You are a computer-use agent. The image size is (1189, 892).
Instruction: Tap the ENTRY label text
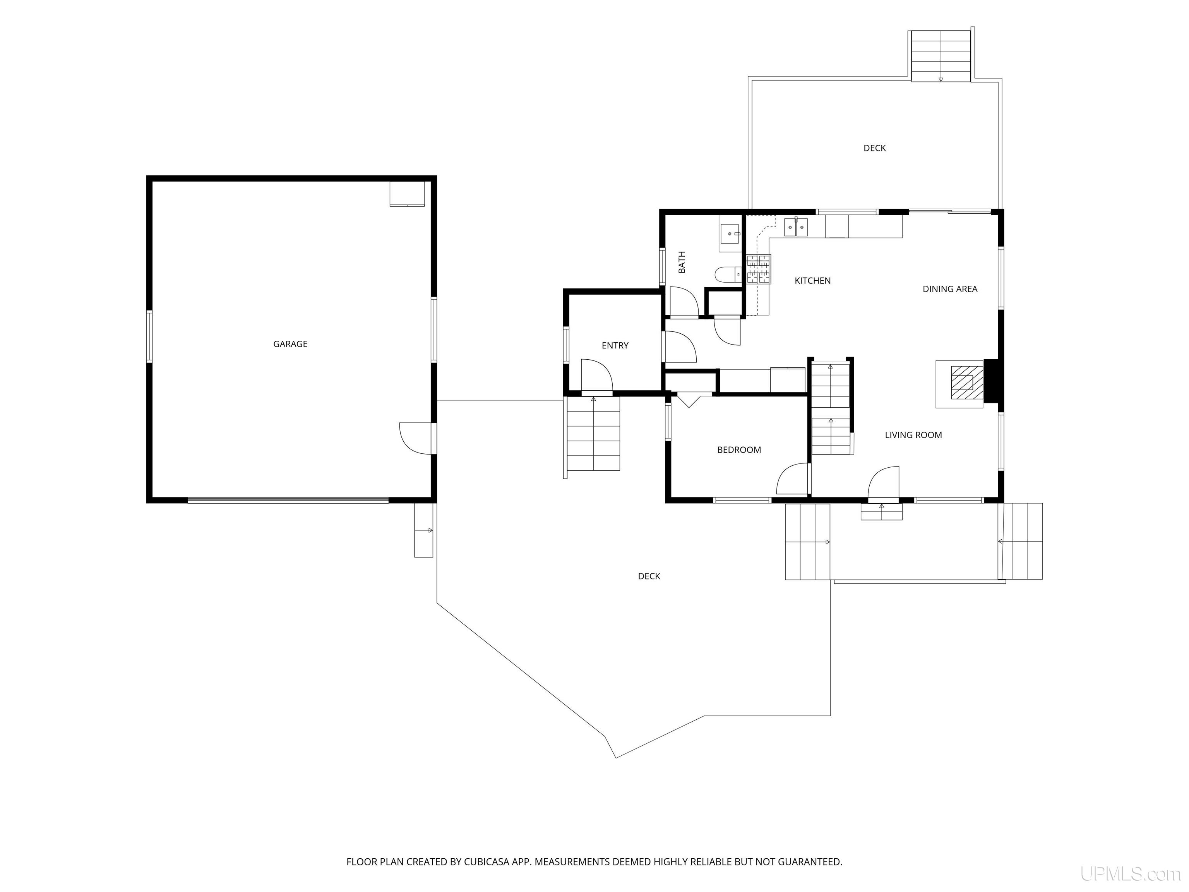coord(615,346)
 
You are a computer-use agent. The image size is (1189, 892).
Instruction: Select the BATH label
coord(682,262)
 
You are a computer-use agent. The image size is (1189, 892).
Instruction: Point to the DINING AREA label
coord(950,289)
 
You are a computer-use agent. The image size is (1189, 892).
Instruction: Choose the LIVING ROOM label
coord(913,435)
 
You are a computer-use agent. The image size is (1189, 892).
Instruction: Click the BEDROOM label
coord(739,450)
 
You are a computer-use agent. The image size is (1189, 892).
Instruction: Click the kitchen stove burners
coord(758,269)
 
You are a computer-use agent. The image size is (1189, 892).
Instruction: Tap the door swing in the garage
coord(416,439)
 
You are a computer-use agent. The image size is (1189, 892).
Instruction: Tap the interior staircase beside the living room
coord(831,408)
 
